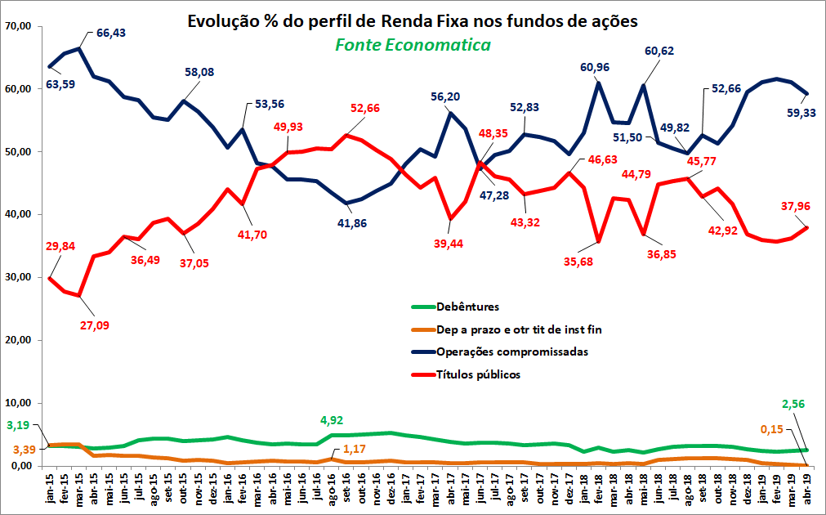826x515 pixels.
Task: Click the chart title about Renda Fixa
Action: pos(413,21)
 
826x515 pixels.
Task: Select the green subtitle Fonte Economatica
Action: pos(413,45)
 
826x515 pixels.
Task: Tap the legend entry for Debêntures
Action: pos(467,307)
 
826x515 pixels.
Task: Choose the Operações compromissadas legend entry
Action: pos(512,352)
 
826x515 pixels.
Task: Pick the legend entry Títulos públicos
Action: pos(478,374)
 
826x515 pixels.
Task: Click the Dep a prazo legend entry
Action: pos(519,330)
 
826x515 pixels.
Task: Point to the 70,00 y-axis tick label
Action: pos(17,26)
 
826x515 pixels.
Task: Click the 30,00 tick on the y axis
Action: pos(17,277)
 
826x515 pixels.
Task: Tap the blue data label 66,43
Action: pos(111,34)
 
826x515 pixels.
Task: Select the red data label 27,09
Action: pos(95,326)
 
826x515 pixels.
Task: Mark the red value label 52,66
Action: pos(365,109)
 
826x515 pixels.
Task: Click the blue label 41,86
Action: pos(352,223)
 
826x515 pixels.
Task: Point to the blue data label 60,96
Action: pos(595,68)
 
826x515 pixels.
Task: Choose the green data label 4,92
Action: pos(332,421)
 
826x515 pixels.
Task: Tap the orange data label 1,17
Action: pos(354,450)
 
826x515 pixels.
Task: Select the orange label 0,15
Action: pos(772,430)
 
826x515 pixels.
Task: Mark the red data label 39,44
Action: pos(449,244)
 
